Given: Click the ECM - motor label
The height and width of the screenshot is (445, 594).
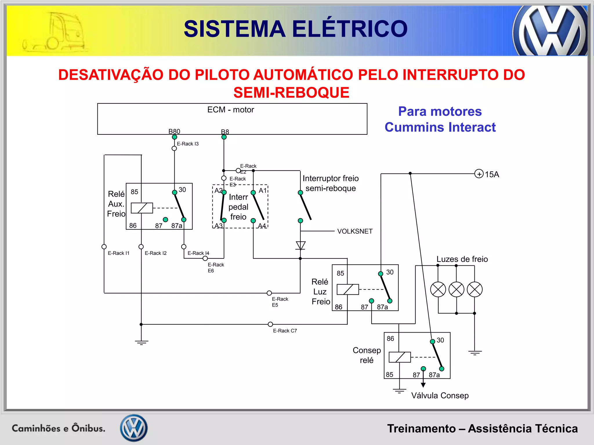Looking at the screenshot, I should pyautogui.click(x=231, y=110).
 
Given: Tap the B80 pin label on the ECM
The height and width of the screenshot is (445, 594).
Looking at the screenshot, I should pyautogui.click(x=174, y=132).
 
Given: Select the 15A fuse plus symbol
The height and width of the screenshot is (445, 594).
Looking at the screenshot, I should pyautogui.click(x=479, y=174).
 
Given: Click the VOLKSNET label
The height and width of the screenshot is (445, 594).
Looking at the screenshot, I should pyautogui.click(x=355, y=231).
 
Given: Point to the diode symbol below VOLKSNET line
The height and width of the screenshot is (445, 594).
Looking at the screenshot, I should pyautogui.click(x=300, y=245).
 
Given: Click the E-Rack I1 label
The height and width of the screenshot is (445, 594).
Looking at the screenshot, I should pyautogui.click(x=119, y=253).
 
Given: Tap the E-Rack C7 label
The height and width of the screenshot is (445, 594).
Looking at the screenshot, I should pyautogui.click(x=285, y=331).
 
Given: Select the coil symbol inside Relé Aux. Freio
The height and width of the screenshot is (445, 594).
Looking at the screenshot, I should pyautogui.click(x=142, y=208).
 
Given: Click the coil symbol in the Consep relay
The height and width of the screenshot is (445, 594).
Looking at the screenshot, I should pyautogui.click(x=400, y=357).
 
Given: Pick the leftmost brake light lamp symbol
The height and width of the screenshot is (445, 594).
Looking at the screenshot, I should pyautogui.click(x=438, y=289).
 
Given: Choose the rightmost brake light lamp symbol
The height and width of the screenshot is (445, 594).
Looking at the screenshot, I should pyautogui.click(x=475, y=289).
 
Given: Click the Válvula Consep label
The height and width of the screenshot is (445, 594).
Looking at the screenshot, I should pyautogui.click(x=440, y=396).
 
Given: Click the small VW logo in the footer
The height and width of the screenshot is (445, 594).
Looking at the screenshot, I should pyautogui.click(x=134, y=428).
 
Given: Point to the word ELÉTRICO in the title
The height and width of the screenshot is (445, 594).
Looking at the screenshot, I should pyautogui.click(x=349, y=29).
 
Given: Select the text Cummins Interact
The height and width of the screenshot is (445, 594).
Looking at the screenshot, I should pyautogui.click(x=440, y=127).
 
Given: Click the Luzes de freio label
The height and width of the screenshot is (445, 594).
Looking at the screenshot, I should pyautogui.click(x=462, y=259).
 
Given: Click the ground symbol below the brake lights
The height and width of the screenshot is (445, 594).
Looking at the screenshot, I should pyautogui.click(x=475, y=353).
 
